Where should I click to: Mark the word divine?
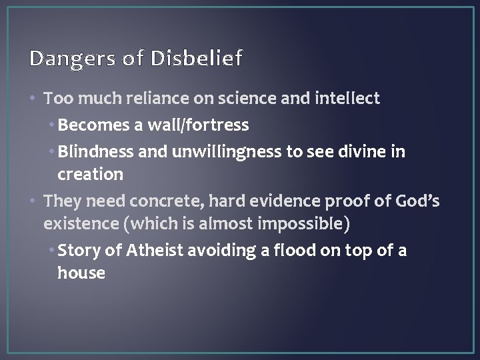377,151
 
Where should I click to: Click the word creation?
90,175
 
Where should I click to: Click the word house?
81,273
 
